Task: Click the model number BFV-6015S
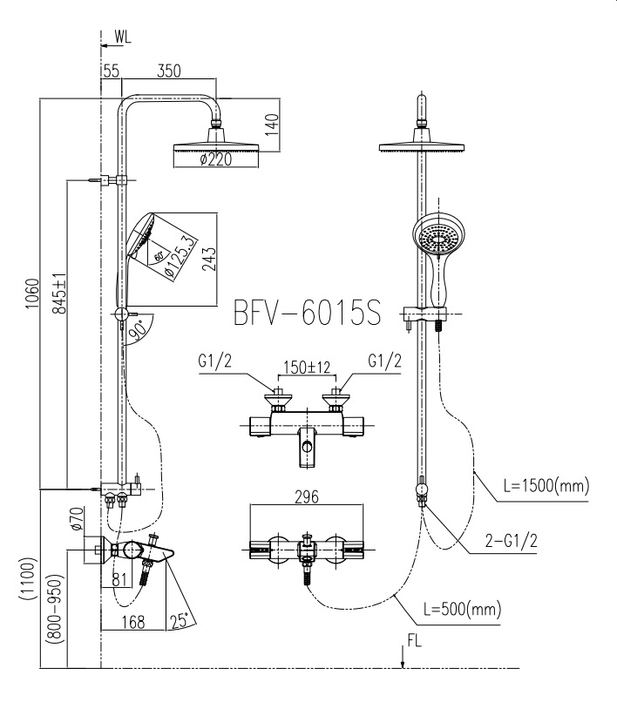[x=307, y=313]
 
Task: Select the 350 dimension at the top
[x=170, y=72]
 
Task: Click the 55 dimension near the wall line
[x=111, y=72]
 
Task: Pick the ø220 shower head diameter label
[x=214, y=159]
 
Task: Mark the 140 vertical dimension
[x=271, y=122]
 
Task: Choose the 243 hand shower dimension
[x=208, y=259]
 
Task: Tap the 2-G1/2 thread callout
[x=512, y=541]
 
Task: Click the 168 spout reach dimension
[x=133, y=622]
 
